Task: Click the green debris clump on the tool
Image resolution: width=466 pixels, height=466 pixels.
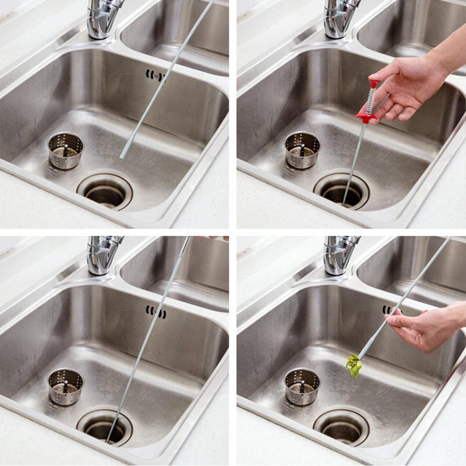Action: tap(354, 365)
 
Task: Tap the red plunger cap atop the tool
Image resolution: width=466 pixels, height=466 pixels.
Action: tap(374, 84)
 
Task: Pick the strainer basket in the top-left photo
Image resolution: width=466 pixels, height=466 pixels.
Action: tap(66, 150)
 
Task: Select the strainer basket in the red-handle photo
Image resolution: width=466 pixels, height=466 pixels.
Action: tap(302, 150)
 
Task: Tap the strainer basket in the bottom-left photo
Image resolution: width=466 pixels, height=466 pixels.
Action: tap(66, 387)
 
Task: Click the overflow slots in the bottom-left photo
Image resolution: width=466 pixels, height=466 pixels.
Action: tap(156, 311)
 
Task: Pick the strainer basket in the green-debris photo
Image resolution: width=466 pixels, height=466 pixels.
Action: tap(302, 386)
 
